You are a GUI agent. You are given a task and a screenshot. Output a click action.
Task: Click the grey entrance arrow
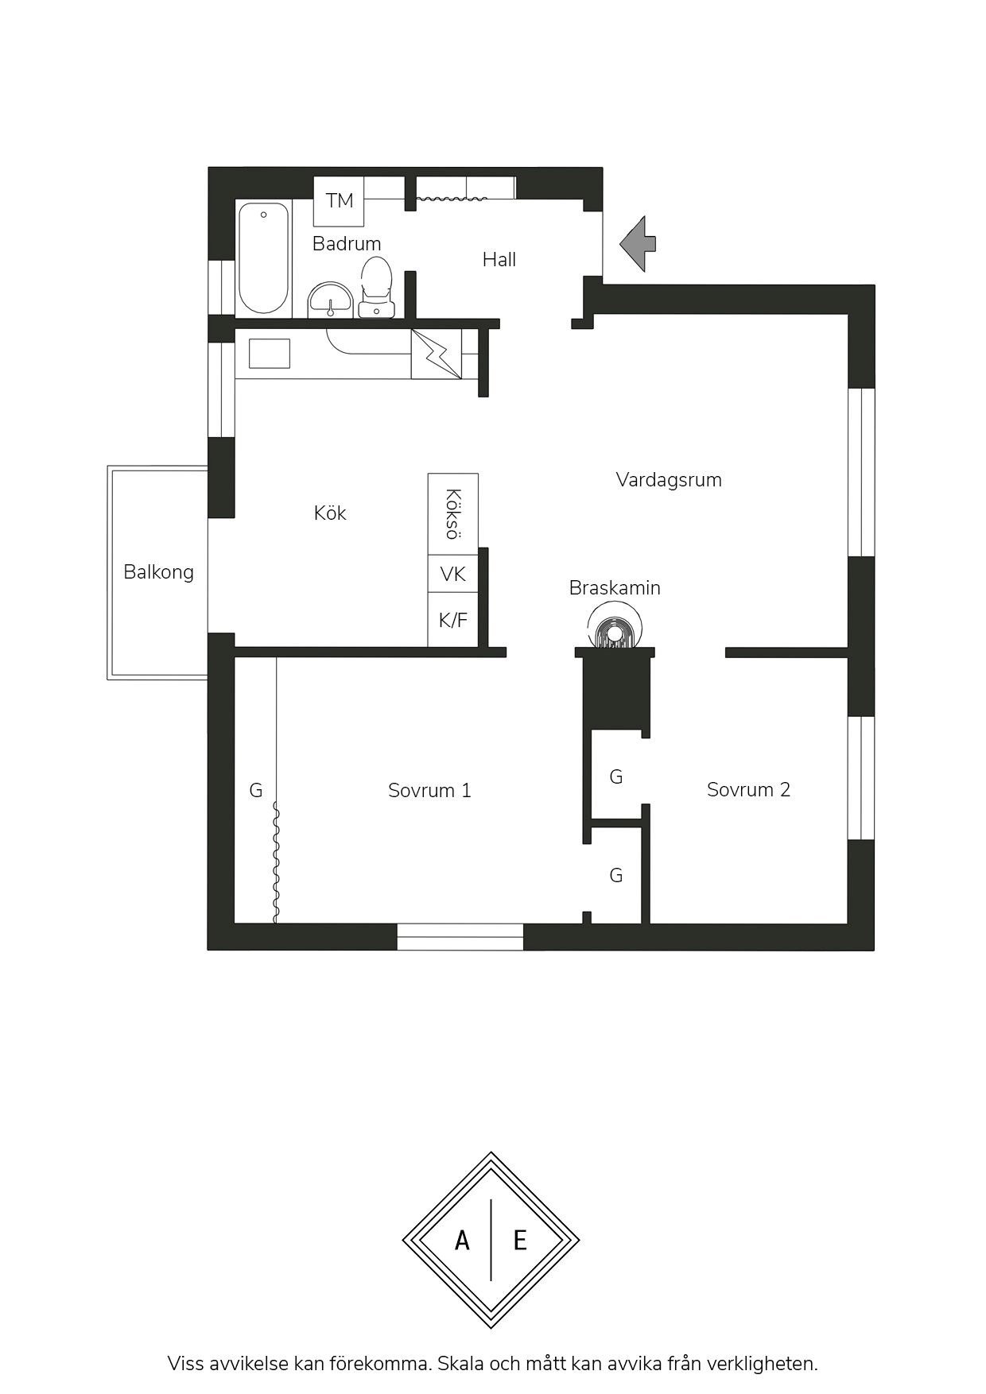pyautogui.click(x=639, y=244)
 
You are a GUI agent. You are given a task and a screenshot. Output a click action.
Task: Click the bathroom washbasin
pyautogui.click(x=330, y=300)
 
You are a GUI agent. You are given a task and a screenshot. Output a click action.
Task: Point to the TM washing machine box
pyautogui.click(x=340, y=201)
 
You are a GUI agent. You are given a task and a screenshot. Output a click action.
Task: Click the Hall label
pyautogui.click(x=499, y=259)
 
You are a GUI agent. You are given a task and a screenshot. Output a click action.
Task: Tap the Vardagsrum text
pyautogui.click(x=669, y=480)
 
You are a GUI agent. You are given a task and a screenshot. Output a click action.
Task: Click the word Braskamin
pyautogui.click(x=615, y=588)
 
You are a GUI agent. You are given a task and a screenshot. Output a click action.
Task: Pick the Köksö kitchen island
pyautogui.click(x=453, y=514)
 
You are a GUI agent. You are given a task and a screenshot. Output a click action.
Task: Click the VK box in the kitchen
pyautogui.click(x=453, y=574)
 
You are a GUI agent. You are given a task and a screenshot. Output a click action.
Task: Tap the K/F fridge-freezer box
pyautogui.click(x=453, y=620)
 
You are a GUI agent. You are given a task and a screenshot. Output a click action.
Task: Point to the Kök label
pyautogui.click(x=330, y=513)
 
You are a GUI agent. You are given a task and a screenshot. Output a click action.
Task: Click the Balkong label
pyautogui.click(x=158, y=572)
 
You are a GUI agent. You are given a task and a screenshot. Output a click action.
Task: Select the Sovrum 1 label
pyautogui.click(x=429, y=791)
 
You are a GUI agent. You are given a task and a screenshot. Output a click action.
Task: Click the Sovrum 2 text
pyautogui.click(x=748, y=790)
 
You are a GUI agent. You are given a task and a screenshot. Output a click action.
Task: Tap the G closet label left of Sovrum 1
pyautogui.click(x=256, y=791)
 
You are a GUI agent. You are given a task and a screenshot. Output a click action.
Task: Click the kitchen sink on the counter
pyautogui.click(x=270, y=354)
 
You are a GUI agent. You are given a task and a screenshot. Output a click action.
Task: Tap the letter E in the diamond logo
pyautogui.click(x=520, y=1240)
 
